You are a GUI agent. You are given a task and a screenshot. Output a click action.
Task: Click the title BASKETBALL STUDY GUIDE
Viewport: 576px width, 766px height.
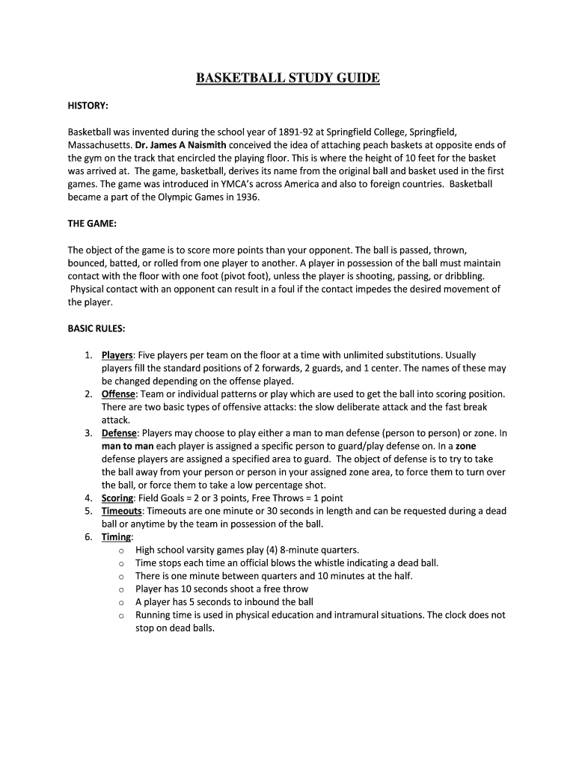click(288, 78)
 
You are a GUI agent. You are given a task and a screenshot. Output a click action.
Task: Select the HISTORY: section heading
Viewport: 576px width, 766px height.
click(88, 105)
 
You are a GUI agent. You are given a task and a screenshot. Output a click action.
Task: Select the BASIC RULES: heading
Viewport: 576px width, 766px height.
click(96, 328)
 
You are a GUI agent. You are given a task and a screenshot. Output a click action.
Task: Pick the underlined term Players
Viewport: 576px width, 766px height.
click(117, 355)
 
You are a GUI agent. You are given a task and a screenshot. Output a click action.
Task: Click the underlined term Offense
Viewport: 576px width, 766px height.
click(118, 393)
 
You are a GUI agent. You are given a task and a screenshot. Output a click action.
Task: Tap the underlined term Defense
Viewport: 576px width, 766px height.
click(119, 433)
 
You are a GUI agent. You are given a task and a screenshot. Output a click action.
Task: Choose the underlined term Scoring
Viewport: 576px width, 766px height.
click(117, 498)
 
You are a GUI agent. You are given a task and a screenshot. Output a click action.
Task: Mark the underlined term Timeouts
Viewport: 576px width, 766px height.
click(122, 511)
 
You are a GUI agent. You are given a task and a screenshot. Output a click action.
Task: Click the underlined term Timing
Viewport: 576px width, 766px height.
click(117, 537)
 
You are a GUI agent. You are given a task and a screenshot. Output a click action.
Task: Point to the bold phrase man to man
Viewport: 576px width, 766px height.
click(127, 446)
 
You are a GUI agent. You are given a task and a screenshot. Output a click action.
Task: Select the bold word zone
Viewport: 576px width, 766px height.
click(466, 446)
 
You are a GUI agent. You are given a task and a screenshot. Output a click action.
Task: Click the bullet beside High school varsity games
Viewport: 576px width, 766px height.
click(121, 551)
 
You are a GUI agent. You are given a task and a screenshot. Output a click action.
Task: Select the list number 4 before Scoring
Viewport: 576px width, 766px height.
click(88, 498)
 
